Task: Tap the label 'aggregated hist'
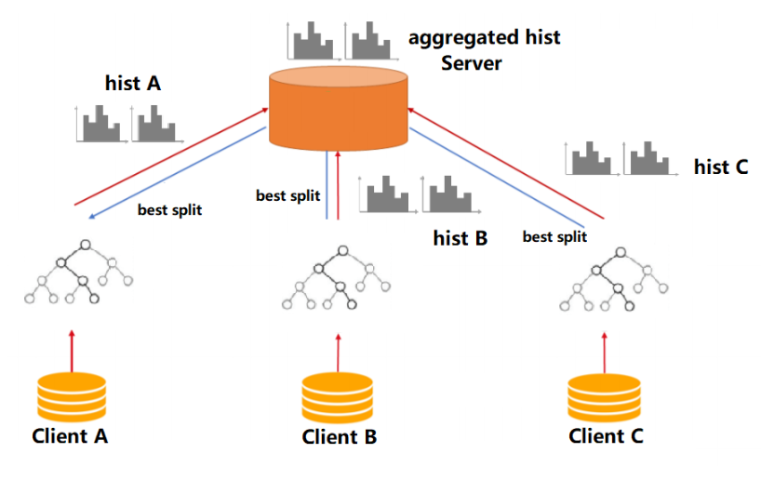tap(484, 39)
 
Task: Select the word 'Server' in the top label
tap(472, 64)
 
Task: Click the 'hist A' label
tap(133, 84)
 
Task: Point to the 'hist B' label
tap(461, 238)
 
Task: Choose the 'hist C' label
tap(721, 167)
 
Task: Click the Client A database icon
tap(71, 397)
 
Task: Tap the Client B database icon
tap(339, 399)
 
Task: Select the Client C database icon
tap(606, 397)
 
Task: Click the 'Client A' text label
tap(70, 435)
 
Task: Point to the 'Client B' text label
tap(340, 436)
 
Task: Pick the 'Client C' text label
tap(606, 435)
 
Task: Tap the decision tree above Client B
tap(338, 277)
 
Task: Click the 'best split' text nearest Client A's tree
tap(169, 210)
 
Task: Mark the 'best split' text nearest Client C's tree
tap(554, 237)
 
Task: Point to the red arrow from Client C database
tap(606, 352)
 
